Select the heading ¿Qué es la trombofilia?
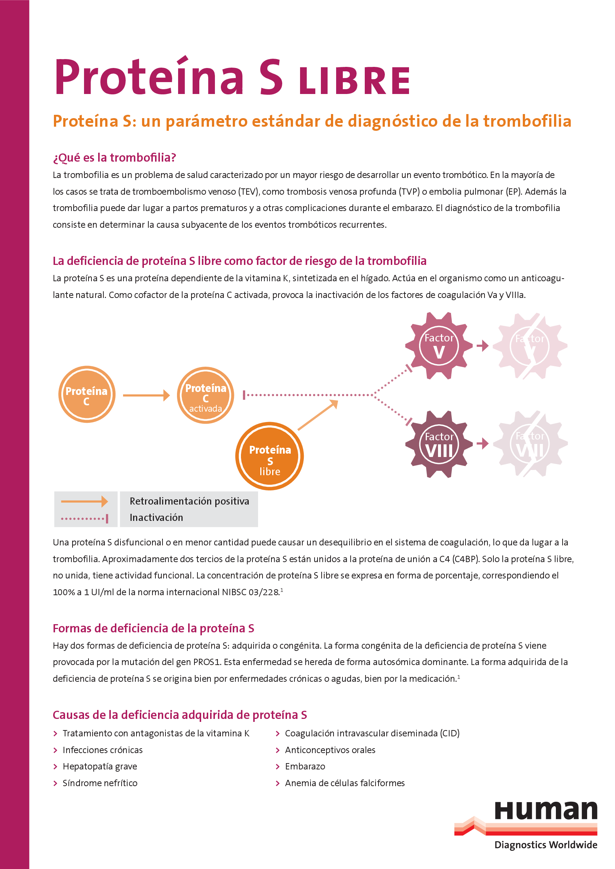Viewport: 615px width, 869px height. click(115, 158)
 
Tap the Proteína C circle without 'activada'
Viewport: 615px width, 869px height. click(87, 395)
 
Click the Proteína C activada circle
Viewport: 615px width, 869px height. click(205, 395)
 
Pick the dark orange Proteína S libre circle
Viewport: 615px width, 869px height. click(270, 456)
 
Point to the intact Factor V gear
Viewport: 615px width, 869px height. click(439, 346)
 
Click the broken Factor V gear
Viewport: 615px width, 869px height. click(530, 346)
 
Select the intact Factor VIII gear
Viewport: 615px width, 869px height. click(439, 444)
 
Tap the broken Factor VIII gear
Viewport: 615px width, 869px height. click(530, 444)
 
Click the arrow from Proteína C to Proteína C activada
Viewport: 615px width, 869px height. click(146, 395)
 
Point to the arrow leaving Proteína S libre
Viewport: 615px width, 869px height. click(317, 415)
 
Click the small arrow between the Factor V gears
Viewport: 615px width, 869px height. click(483, 346)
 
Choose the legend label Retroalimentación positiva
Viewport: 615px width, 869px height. click(189, 501)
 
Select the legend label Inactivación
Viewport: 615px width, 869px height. click(157, 518)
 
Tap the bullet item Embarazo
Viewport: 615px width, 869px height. click(305, 766)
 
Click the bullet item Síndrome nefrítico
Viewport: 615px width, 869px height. click(100, 783)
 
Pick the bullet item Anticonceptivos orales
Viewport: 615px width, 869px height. click(330, 750)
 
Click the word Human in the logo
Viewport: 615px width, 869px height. click(546, 810)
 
